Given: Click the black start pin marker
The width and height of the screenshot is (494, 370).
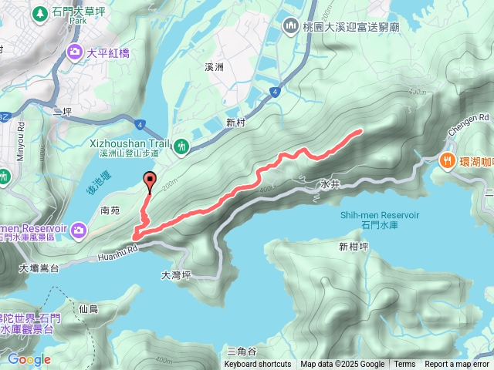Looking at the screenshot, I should click(149, 183).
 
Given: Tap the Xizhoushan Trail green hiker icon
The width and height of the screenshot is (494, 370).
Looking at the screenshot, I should click(181, 145).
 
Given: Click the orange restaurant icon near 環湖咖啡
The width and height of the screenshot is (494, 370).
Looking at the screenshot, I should click(447, 160).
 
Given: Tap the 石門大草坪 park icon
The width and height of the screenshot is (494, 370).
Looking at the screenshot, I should click(39, 12).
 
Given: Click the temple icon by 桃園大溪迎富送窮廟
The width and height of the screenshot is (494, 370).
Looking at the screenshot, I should click(291, 25).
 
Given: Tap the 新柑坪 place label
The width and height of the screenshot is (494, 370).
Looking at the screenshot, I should click(353, 247).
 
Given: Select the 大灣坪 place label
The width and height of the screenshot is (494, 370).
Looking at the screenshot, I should click(175, 274).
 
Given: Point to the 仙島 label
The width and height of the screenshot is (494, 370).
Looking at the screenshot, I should click(89, 308).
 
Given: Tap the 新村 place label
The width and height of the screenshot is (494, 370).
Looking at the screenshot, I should click(235, 123).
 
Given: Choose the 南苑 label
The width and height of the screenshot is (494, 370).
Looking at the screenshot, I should click(111, 209).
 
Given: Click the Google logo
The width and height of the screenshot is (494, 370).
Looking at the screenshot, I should click(29, 359).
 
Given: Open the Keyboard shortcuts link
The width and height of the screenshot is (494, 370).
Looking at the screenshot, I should click(258, 365).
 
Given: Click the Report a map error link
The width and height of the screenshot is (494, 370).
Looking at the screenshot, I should click(457, 365).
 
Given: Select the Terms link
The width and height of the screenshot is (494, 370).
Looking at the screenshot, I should click(404, 365).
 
